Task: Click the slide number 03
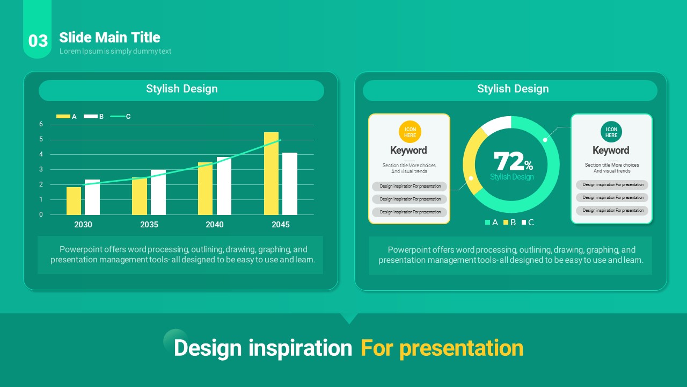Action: point(38,41)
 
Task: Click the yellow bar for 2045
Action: point(272,174)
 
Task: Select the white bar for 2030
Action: point(92,197)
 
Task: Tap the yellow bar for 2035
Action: point(140,196)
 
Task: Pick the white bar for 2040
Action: point(224,186)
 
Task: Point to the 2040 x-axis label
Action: point(215,225)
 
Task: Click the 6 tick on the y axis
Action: point(41,124)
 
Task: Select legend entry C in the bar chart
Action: point(121,117)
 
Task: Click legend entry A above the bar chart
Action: point(66,117)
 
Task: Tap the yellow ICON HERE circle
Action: point(410,132)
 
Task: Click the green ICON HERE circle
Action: point(611,132)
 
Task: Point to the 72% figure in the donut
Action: point(513,161)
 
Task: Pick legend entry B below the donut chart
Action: point(509,223)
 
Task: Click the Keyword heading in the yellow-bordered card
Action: point(408,150)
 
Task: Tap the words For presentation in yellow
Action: point(442,348)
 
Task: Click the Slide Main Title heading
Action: point(110,38)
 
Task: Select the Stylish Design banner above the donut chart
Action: point(510,91)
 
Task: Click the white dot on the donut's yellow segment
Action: point(471,178)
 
